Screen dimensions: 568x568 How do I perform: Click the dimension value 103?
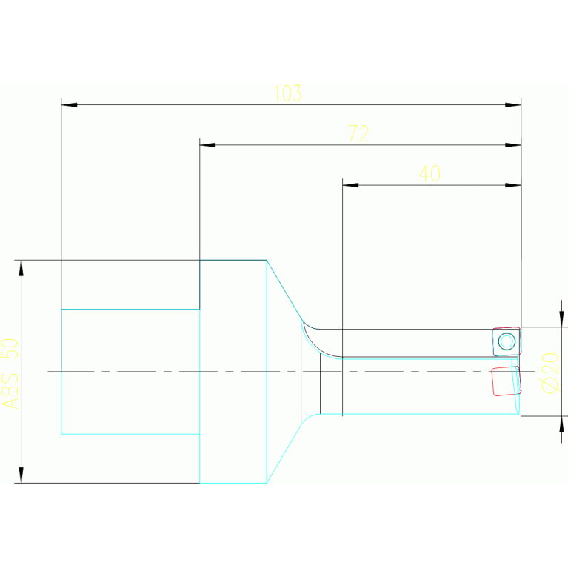tap(287, 94)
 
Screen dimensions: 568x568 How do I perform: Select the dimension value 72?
tap(358, 134)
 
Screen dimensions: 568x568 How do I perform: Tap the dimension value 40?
tap(430, 174)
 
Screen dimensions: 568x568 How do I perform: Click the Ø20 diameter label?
tap(550, 372)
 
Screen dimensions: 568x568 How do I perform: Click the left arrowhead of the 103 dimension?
tap(69, 104)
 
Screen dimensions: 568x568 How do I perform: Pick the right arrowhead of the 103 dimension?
tap(513, 104)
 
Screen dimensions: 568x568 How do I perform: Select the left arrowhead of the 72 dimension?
tap(207, 144)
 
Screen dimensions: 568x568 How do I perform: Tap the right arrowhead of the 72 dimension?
tap(513, 144)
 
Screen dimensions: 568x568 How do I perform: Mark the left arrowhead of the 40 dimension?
tap(350, 185)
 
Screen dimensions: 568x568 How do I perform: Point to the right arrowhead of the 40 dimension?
tap(513, 185)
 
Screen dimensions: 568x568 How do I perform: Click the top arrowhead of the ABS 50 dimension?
tap(21, 268)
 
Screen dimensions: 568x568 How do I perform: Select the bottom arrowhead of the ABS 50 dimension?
tap(21, 475)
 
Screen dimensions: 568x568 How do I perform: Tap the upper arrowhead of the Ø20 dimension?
tap(561, 318)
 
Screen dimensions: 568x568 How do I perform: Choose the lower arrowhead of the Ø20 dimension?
tap(561, 424)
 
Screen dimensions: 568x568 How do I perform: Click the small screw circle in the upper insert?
tap(507, 341)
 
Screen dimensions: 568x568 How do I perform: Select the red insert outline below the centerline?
tap(506, 381)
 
